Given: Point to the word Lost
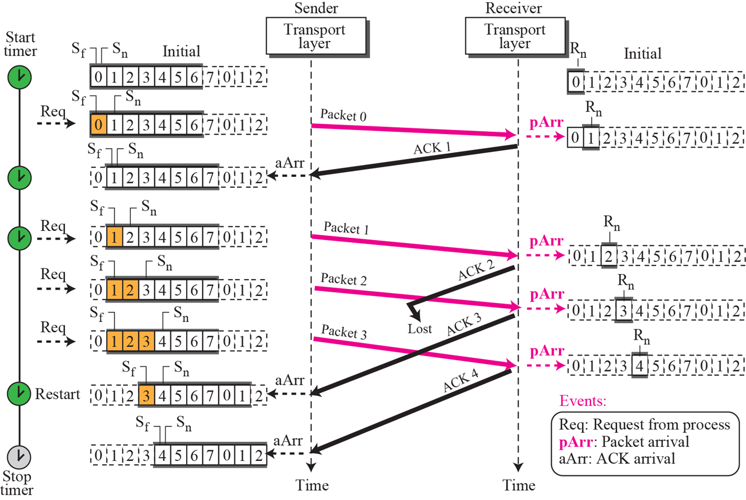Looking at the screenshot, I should [x=420, y=328].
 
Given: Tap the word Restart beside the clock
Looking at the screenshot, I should [x=59, y=393].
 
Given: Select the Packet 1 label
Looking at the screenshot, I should [x=345, y=229].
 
